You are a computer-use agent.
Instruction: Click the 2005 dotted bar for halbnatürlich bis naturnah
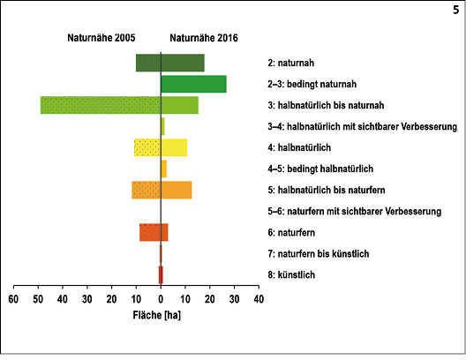[101, 105]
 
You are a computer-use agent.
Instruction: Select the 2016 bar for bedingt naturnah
[194, 84]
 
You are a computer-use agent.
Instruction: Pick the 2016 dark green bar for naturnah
[183, 63]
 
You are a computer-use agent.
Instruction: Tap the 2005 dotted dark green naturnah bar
[148, 63]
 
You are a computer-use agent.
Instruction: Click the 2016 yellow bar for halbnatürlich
[174, 147]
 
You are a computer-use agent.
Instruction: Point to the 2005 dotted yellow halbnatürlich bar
[147, 147]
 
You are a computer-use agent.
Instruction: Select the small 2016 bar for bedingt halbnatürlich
[164, 169]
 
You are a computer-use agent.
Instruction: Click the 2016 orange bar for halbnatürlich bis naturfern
[177, 190]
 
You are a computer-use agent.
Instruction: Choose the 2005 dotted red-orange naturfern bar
[150, 232]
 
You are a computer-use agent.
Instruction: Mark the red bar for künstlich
[161, 274]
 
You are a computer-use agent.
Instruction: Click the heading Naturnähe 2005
[101, 38]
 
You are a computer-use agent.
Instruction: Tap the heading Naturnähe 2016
[204, 38]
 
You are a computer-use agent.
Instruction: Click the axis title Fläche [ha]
[156, 315]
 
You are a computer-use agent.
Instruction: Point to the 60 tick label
[13, 299]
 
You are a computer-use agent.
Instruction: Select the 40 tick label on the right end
[259, 299]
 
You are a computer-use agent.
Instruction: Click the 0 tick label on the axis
[161, 299]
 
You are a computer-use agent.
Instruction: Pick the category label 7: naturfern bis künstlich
[319, 253]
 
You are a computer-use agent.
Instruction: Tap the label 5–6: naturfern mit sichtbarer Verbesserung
[354, 212]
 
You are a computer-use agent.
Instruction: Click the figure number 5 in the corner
[456, 10]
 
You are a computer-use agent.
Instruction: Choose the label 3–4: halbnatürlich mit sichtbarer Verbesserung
[362, 127]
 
